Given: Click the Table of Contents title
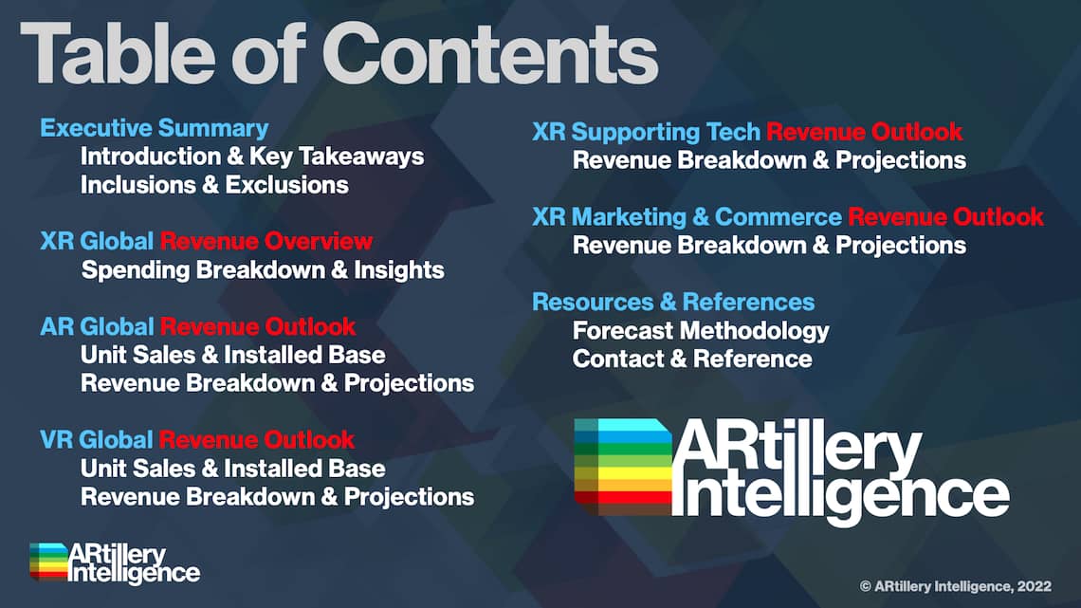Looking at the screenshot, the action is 339,54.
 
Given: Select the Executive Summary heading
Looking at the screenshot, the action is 155,128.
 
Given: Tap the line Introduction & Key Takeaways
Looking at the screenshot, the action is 252,157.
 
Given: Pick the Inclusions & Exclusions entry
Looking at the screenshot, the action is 214,185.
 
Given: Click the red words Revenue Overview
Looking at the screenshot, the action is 266,241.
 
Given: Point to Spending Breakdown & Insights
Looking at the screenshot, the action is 263,269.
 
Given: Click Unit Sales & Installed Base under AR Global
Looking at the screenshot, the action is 233,355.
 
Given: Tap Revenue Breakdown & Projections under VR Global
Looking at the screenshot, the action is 277,497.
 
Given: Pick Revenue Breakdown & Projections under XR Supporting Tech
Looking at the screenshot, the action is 769,160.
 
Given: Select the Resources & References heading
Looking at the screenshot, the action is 673,302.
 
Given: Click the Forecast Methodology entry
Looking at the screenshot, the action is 701,331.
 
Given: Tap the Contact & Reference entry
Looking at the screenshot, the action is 692,359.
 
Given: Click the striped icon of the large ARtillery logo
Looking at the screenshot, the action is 623,467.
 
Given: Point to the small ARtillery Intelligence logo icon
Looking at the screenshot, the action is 49,562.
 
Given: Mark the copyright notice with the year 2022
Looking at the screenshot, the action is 956,586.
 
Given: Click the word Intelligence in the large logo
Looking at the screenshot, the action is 841,496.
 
